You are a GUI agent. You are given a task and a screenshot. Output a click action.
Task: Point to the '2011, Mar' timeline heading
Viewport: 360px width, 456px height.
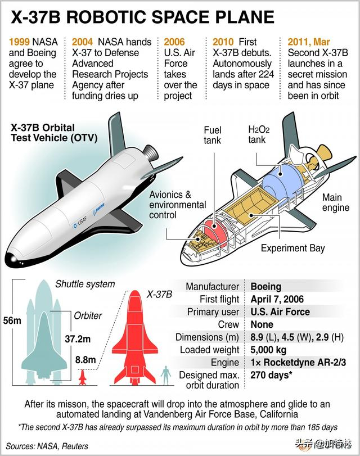(x=310, y=42)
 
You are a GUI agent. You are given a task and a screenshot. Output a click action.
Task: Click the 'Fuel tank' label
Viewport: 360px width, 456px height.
(x=213, y=134)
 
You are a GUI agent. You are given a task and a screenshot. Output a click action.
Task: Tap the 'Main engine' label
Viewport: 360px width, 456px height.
(x=336, y=203)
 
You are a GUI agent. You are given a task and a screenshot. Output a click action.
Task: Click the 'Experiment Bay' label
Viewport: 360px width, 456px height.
(x=293, y=248)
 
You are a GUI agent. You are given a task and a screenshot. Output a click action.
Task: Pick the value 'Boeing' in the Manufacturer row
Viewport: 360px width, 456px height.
(x=266, y=287)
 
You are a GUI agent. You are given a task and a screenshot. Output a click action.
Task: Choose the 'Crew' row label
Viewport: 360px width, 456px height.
(x=228, y=324)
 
